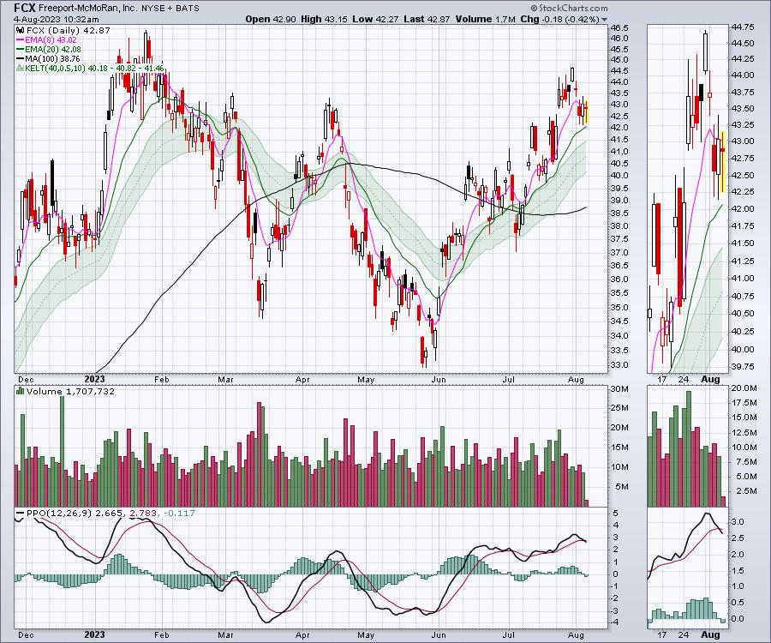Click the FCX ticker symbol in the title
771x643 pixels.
pos(26,7)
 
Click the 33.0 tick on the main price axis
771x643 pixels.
pos(618,364)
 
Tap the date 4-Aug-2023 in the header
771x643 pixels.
pos(35,18)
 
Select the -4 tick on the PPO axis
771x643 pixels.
pos(615,622)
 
